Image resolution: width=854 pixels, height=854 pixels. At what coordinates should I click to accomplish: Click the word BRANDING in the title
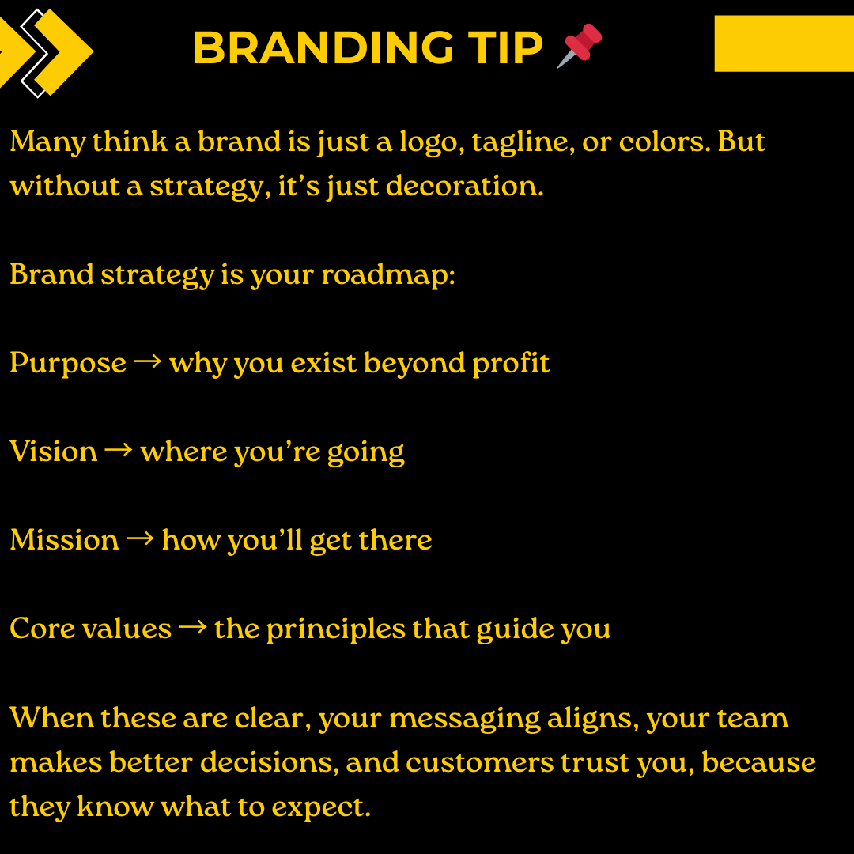(323, 48)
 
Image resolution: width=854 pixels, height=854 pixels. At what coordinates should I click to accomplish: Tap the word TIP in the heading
(504, 48)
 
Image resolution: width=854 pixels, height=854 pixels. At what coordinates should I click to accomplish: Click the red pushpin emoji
(580, 45)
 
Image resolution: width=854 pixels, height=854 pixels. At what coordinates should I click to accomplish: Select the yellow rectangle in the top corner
(784, 43)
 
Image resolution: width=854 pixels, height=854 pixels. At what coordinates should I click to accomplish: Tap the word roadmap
(387, 275)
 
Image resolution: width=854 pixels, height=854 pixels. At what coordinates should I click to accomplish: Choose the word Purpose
(68, 364)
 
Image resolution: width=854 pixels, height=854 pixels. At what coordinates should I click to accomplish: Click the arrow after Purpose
(148, 362)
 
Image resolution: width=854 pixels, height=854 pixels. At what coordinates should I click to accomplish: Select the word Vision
(54, 452)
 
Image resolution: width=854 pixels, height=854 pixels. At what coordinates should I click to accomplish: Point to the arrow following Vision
(119, 451)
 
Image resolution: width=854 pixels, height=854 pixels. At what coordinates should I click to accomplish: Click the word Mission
(65, 540)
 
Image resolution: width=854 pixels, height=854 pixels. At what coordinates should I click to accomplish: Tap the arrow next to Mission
(140, 539)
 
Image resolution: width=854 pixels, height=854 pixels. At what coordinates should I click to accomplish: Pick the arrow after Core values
(192, 628)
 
